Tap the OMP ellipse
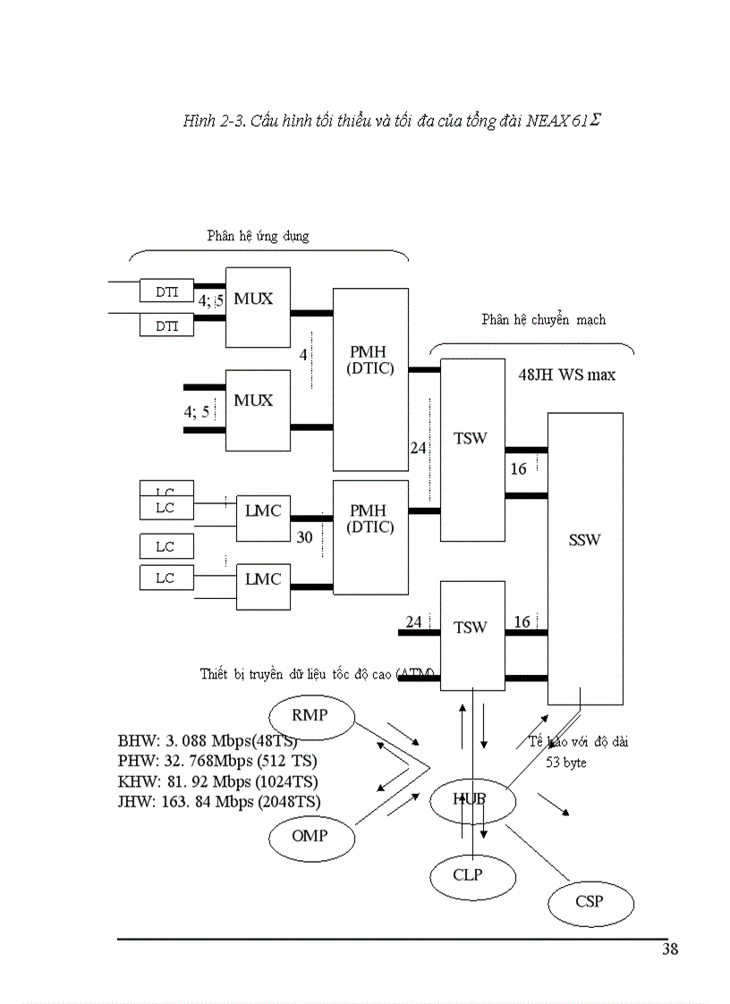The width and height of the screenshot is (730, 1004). (x=310, y=837)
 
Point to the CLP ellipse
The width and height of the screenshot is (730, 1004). (x=467, y=875)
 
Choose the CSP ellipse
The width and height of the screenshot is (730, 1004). (x=590, y=901)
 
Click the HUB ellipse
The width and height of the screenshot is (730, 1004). (x=469, y=798)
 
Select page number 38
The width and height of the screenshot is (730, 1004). (x=669, y=949)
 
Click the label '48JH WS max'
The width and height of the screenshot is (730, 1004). (x=566, y=375)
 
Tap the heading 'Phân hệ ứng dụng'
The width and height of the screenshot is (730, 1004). (x=258, y=236)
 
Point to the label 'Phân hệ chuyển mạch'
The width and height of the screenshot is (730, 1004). (x=543, y=319)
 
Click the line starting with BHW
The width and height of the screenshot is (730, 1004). (x=208, y=742)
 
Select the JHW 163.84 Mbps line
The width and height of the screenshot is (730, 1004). (x=219, y=801)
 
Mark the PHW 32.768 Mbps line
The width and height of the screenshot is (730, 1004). (x=217, y=762)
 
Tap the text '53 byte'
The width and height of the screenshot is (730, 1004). (x=566, y=763)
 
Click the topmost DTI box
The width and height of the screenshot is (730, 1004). (x=166, y=291)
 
